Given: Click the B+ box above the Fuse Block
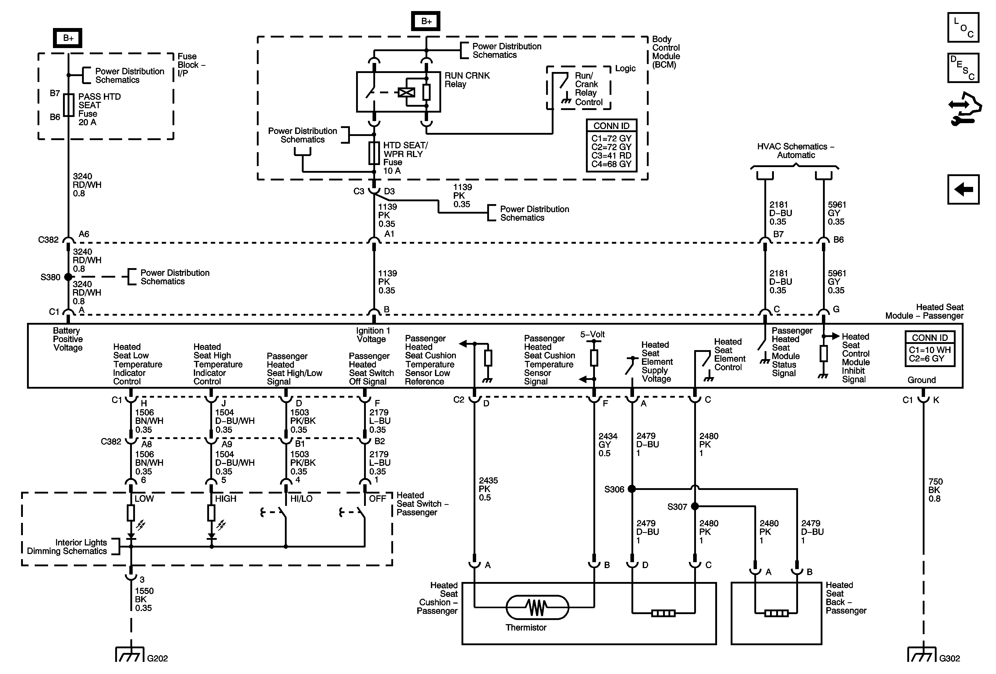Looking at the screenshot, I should pyautogui.click(x=68, y=38).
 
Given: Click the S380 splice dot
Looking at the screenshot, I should pyautogui.click(x=68, y=277).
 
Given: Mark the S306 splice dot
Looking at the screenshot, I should pyautogui.click(x=632, y=488).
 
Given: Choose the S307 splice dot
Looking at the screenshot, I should pyautogui.click(x=695, y=506).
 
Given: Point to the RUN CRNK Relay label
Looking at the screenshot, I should pyautogui.click(x=467, y=80).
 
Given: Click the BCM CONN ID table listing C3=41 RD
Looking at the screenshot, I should pyautogui.click(x=611, y=146).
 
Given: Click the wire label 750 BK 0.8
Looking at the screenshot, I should pyautogui.click(x=935, y=490).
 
